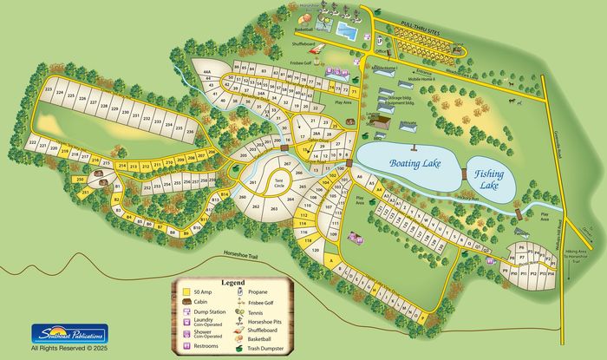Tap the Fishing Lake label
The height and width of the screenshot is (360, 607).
(492, 180)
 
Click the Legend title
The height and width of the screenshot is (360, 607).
(233, 283)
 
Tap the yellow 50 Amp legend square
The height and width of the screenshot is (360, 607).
(186, 293)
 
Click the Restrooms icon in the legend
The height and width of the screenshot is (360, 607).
(186, 345)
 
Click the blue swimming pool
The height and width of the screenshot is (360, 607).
(346, 32)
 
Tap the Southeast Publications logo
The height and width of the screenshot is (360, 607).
(69, 333)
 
